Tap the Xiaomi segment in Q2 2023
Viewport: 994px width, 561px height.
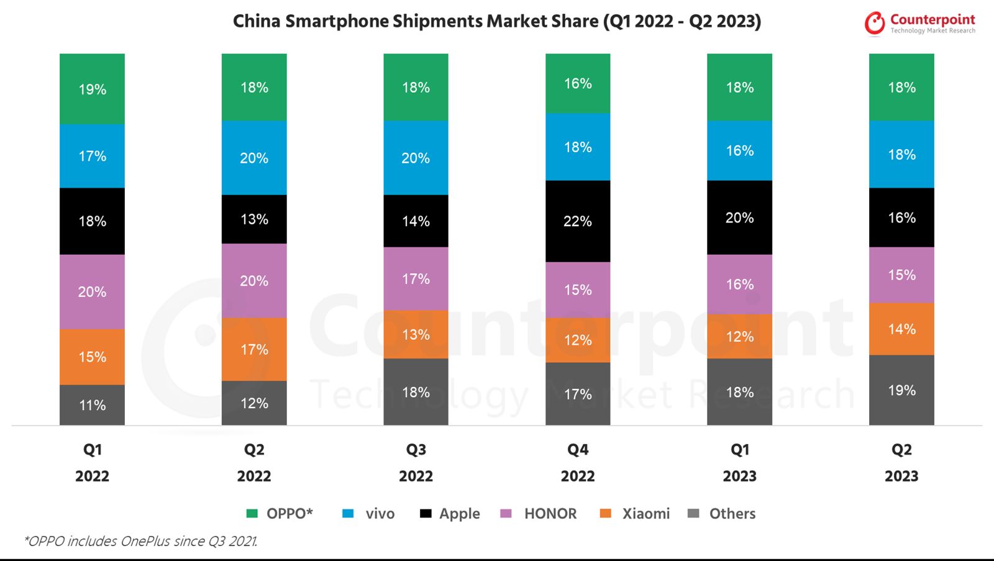pyautogui.click(x=901, y=329)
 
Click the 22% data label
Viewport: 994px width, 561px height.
pyautogui.click(x=578, y=221)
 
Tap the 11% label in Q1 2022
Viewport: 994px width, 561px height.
pyautogui.click(x=92, y=406)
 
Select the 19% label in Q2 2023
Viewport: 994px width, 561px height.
pyautogui.click(x=901, y=391)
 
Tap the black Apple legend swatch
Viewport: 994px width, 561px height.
pyautogui.click(x=426, y=514)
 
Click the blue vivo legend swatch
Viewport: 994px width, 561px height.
pyautogui.click(x=348, y=514)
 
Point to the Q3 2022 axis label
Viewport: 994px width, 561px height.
pyautogui.click(x=416, y=463)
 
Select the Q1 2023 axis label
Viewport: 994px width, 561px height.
pyautogui.click(x=739, y=463)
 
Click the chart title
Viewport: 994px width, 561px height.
pyautogui.click(x=496, y=21)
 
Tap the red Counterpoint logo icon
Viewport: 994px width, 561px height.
pyautogui.click(x=875, y=24)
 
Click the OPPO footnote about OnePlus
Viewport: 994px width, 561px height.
pyautogui.click(x=140, y=541)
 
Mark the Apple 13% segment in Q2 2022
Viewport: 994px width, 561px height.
pyautogui.click(x=254, y=219)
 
